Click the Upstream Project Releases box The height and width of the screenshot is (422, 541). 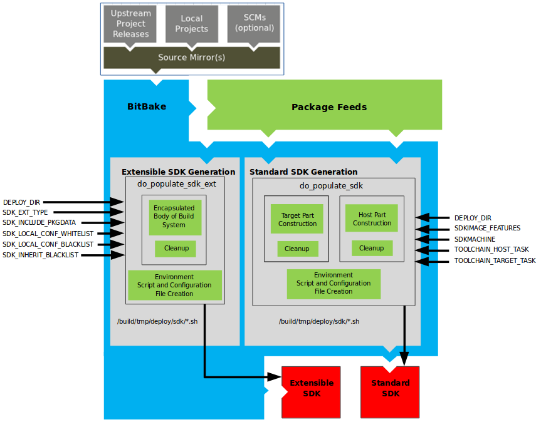(131, 24)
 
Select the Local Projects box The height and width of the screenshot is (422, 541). (191, 24)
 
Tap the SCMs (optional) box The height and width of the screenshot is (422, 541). (253, 24)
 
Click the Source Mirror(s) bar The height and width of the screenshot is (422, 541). (191, 57)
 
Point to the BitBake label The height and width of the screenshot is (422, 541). (147, 106)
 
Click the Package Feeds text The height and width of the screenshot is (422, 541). (328, 107)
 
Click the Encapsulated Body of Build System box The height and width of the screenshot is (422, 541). (174, 217)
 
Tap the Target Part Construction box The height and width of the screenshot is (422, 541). (297, 219)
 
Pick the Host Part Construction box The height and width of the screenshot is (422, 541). (372, 219)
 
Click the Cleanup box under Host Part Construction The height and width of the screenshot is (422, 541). (372, 248)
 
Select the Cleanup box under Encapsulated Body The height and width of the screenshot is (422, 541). (176, 248)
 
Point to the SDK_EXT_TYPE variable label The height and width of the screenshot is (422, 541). (25, 213)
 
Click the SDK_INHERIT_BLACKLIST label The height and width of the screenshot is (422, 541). (41, 255)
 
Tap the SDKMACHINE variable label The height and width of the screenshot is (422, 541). (475, 239)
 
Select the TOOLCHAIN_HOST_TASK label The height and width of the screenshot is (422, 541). (491, 249)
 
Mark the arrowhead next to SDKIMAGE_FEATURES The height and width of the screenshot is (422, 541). (423, 228)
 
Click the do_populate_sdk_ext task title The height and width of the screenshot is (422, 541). (176, 184)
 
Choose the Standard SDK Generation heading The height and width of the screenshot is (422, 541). (303, 172)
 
